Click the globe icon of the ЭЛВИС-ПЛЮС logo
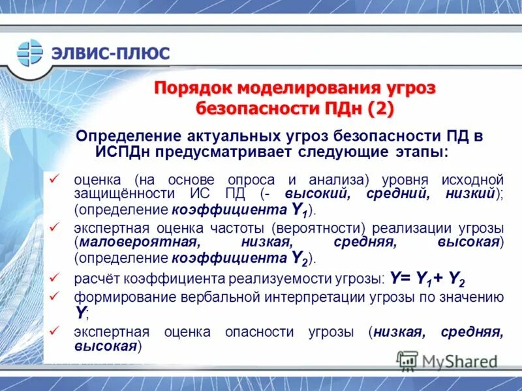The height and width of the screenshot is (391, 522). click(29, 53)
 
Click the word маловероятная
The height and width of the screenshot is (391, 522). click(138, 242)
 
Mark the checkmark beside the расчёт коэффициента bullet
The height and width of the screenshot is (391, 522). click(55, 278)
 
